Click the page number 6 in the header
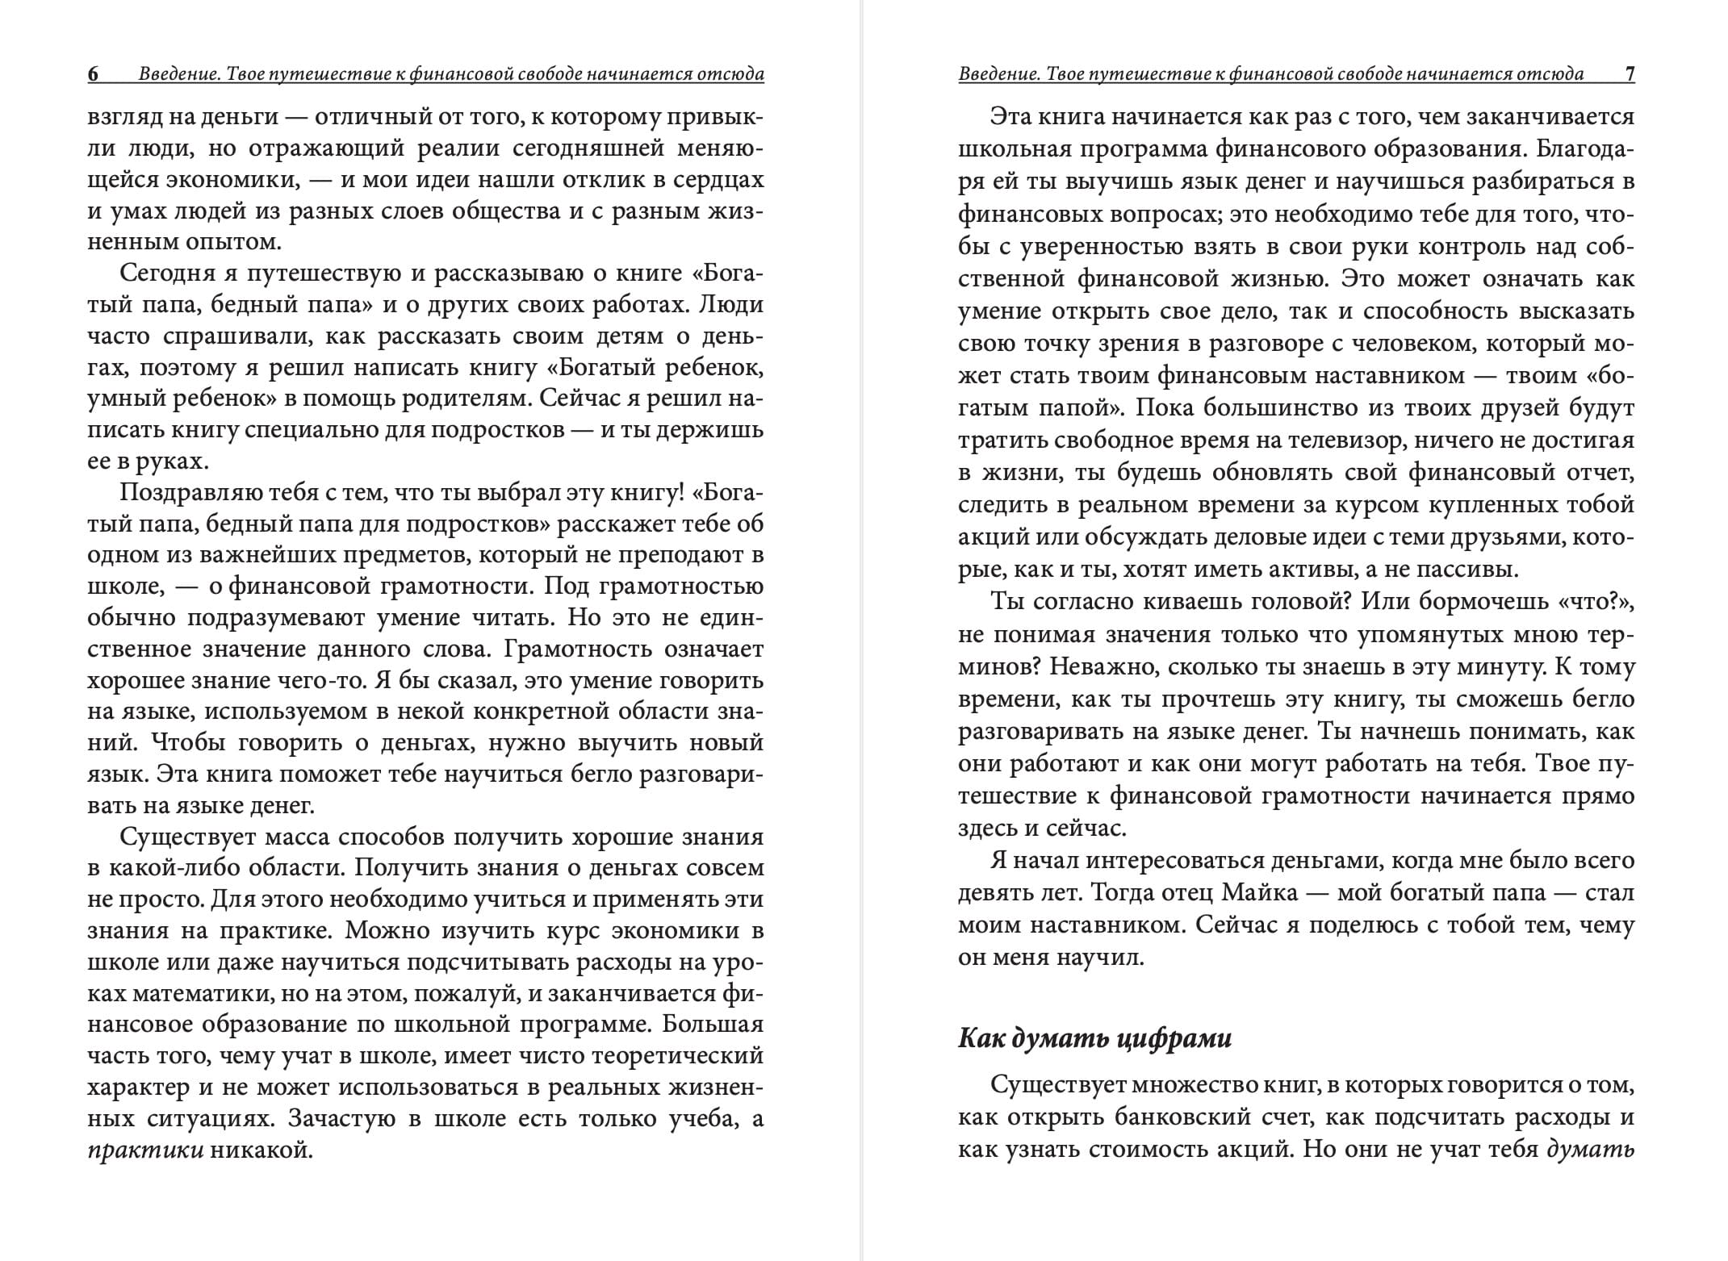pos(94,74)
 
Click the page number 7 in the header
pos(1630,74)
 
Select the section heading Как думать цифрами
pos(1094,1038)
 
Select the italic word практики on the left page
pos(145,1150)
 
